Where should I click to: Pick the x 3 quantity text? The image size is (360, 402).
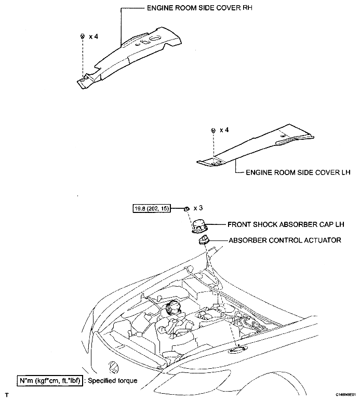pyautogui.click(x=198, y=208)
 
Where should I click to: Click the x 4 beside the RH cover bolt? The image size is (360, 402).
pyautogui.click(x=94, y=36)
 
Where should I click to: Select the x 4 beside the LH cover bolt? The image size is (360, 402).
pyautogui.click(x=224, y=130)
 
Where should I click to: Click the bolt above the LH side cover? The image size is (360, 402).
pyautogui.click(x=213, y=130)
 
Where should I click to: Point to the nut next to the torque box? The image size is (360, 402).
pyautogui.click(x=186, y=208)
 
